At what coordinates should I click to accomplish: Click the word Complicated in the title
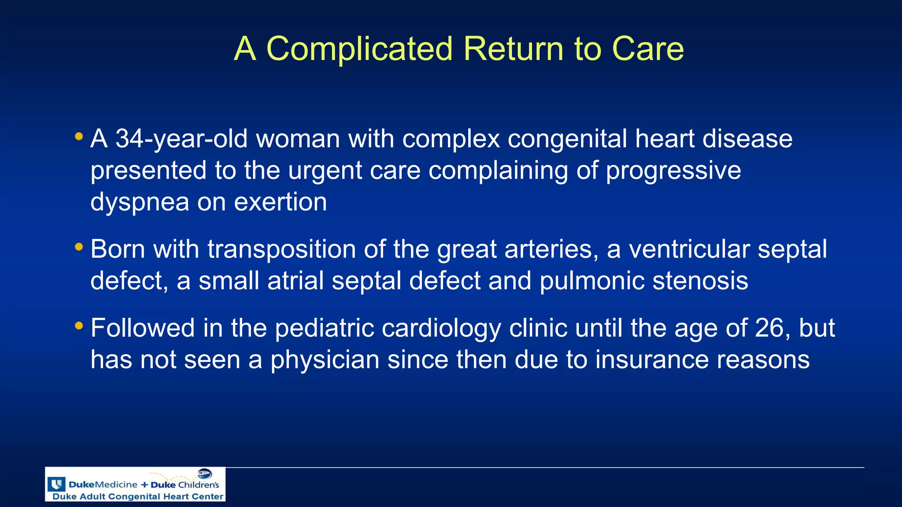[359, 48]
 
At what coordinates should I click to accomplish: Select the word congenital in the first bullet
[567, 139]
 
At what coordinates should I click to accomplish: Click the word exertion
[280, 202]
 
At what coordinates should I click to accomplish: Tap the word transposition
[281, 250]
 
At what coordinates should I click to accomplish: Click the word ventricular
[689, 250]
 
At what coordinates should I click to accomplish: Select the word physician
[325, 360]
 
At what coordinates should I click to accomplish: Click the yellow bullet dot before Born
[79, 247]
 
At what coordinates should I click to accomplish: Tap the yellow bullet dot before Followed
[79, 326]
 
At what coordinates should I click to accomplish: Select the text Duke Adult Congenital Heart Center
[137, 496]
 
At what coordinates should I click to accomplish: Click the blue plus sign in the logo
[144, 485]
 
